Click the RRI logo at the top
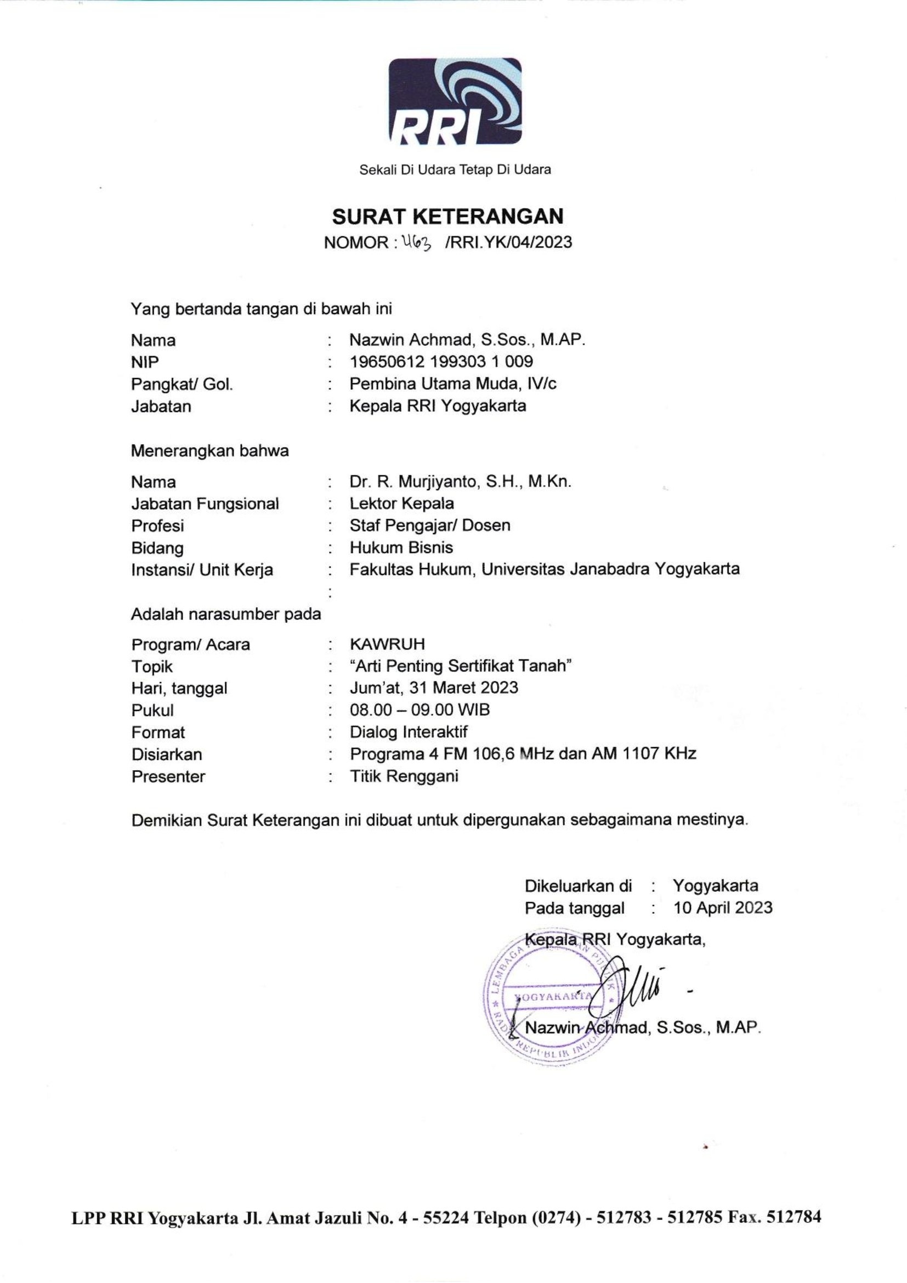click(x=455, y=101)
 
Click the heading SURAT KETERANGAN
click(x=448, y=216)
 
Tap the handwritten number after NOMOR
click(x=417, y=242)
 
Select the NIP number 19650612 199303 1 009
click(x=441, y=361)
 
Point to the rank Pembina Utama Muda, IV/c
click(x=453, y=384)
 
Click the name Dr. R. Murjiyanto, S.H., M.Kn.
click(x=460, y=481)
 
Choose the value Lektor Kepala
click(x=401, y=504)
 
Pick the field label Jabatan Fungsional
click(x=205, y=504)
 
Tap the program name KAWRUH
click(x=387, y=645)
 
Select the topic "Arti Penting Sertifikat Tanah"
click(x=461, y=666)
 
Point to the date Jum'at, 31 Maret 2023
click(x=434, y=687)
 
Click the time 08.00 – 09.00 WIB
click(x=420, y=710)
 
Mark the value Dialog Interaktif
click(x=409, y=732)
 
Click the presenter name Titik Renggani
click(x=404, y=776)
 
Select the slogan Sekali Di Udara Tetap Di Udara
click(x=455, y=169)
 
